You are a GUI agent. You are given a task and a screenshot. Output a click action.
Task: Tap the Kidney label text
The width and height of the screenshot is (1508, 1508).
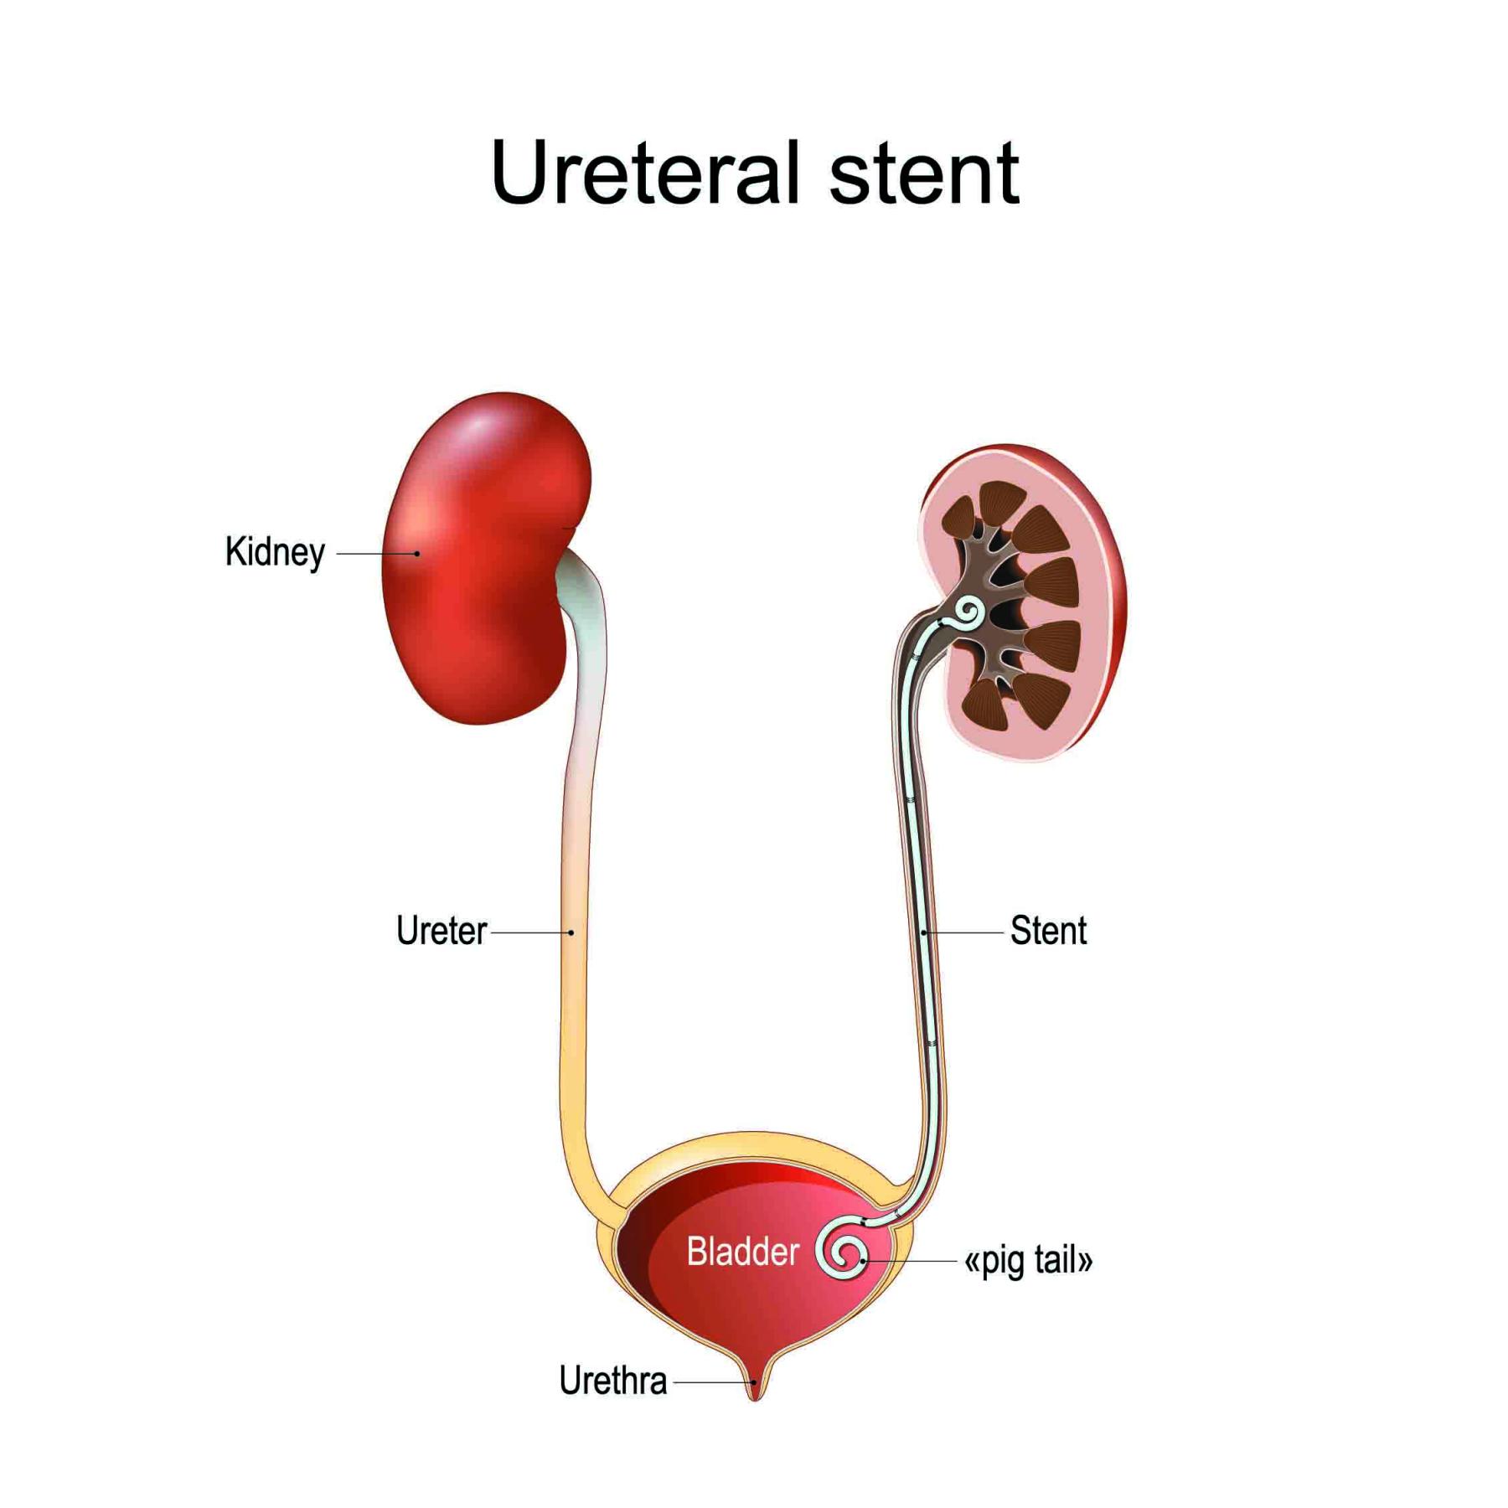click(275, 552)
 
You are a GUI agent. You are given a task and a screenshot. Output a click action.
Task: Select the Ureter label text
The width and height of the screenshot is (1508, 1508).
click(441, 931)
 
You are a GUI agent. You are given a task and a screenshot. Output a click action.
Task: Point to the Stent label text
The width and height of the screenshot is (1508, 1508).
click(1048, 931)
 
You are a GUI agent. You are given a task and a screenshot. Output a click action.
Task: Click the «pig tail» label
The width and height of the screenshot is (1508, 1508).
click(1028, 1261)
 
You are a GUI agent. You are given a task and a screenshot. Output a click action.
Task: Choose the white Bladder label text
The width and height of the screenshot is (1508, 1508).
click(742, 1252)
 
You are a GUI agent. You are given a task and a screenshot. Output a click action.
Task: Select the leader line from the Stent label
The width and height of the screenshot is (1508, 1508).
click(963, 932)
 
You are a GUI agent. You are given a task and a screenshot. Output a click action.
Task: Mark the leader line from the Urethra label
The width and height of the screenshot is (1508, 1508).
click(712, 1382)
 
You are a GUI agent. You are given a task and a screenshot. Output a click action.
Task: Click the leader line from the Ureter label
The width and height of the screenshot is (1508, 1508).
click(529, 932)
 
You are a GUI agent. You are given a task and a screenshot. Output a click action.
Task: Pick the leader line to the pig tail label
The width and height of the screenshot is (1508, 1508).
click(909, 1261)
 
